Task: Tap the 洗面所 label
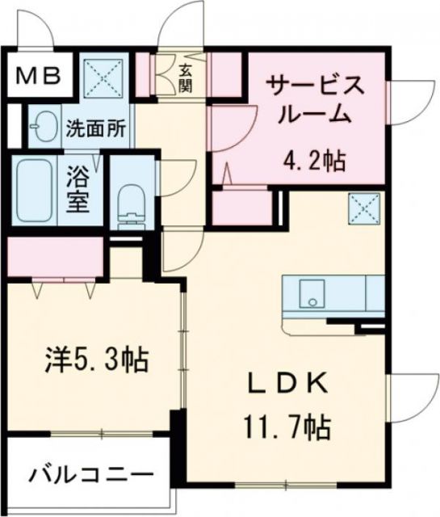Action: coord(95,128)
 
